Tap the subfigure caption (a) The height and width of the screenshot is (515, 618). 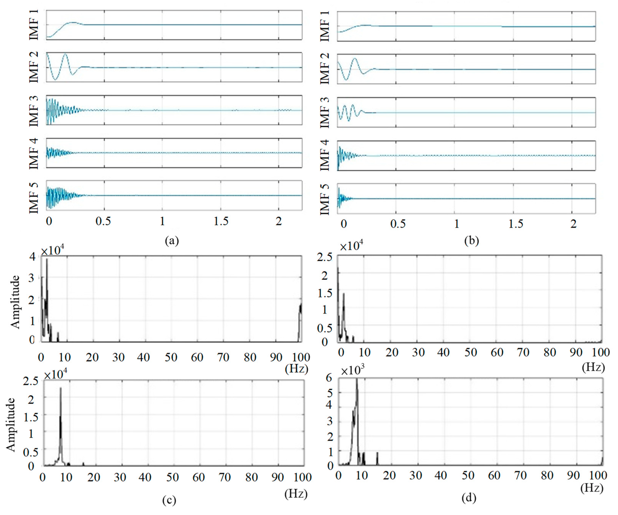pyautogui.click(x=172, y=241)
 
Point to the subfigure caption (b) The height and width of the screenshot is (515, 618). pyautogui.click(x=471, y=241)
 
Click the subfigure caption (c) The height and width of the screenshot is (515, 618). pyautogui.click(x=169, y=500)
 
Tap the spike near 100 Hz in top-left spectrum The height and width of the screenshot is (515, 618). pyautogui.click(x=301, y=306)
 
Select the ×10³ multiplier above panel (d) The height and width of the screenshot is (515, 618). pyautogui.click(x=353, y=371)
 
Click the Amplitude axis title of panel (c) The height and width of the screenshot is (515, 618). pyautogui.click(x=11, y=424)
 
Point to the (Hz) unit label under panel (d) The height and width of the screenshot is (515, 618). pyautogui.click(x=592, y=488)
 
